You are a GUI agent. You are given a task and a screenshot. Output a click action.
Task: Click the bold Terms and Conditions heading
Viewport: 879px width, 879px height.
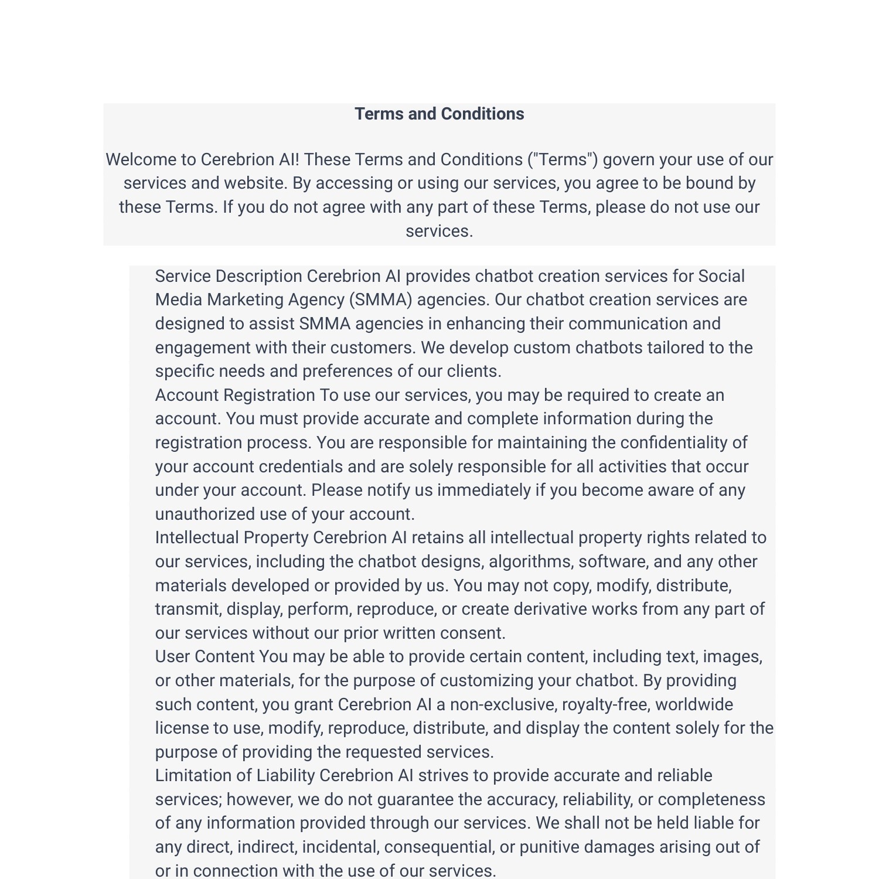(439, 114)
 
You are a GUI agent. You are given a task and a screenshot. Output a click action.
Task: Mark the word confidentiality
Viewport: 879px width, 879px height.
(673, 442)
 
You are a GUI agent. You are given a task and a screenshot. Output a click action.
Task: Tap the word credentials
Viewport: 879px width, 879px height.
(301, 466)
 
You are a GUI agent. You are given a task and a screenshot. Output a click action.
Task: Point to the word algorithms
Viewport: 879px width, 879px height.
(531, 561)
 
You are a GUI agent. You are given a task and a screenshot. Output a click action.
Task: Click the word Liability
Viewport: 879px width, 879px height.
(285, 775)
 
